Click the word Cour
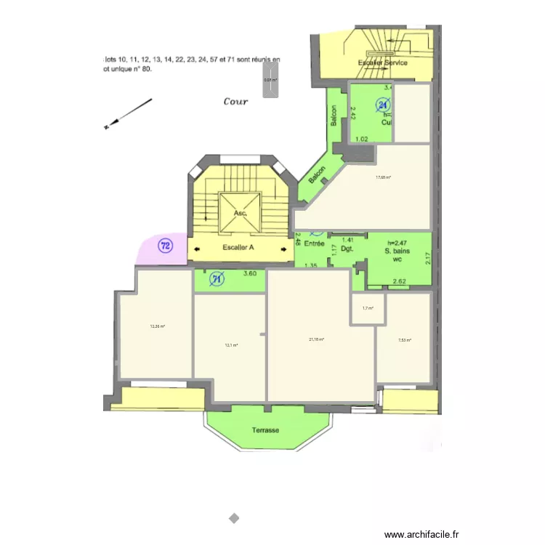(x=235, y=102)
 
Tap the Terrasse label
(x=265, y=430)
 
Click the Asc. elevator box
(x=241, y=213)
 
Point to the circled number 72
(x=166, y=246)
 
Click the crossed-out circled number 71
(x=217, y=278)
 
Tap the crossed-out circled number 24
(x=383, y=105)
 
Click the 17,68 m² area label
(x=384, y=177)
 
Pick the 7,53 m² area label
(x=405, y=340)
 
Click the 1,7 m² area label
(x=368, y=308)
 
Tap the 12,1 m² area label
(x=232, y=345)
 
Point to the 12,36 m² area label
(x=158, y=326)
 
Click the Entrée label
(x=314, y=244)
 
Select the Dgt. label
(x=347, y=249)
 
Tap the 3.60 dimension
(x=249, y=274)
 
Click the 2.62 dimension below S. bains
(x=400, y=281)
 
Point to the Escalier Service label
(x=383, y=62)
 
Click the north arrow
(x=128, y=113)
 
